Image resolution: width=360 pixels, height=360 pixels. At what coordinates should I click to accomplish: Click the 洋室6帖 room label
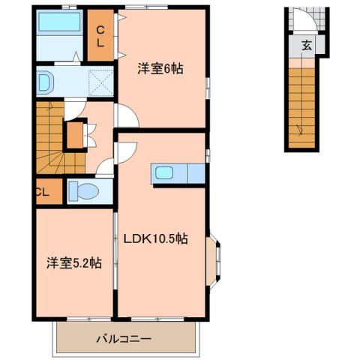tap(160, 68)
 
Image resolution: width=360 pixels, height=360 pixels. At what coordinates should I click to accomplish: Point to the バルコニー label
tap(124, 339)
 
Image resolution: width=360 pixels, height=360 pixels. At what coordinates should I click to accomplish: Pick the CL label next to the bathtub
tap(100, 36)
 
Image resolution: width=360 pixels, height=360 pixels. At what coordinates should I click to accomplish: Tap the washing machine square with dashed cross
tap(100, 80)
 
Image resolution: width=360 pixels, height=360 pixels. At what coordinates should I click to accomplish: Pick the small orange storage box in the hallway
tap(74, 135)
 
